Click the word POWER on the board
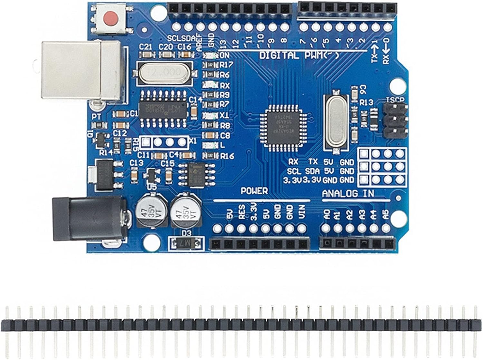tap(254, 191)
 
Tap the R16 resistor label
tap(227, 156)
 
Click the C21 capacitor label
tap(146, 47)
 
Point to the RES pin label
tap(242, 212)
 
